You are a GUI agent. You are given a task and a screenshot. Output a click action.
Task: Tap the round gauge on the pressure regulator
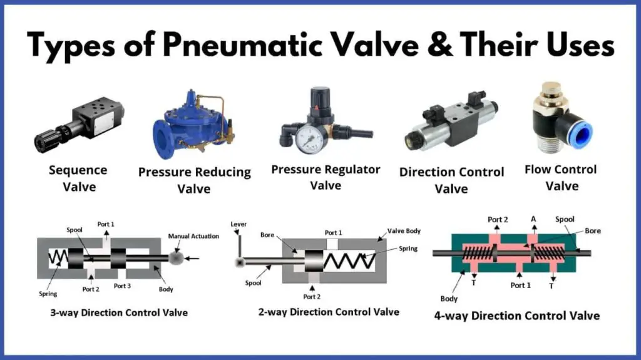[x=309, y=139]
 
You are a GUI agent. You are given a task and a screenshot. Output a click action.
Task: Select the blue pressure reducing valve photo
[x=193, y=124]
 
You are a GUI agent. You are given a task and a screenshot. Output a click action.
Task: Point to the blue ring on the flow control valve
[x=580, y=131]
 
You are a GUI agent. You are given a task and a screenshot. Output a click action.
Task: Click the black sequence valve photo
[x=79, y=125]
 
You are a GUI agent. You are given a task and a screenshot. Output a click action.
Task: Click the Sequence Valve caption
[x=78, y=178]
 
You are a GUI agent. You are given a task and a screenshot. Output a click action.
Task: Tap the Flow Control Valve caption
[x=561, y=178]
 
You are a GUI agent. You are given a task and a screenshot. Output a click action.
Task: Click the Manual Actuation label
[x=193, y=236]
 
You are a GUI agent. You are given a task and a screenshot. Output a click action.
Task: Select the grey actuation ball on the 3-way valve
[x=176, y=258]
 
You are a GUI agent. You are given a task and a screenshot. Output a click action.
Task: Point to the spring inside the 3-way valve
[x=58, y=258]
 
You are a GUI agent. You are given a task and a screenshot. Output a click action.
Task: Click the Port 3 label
[x=122, y=286]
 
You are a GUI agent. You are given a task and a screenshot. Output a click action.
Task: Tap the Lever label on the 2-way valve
[x=238, y=224]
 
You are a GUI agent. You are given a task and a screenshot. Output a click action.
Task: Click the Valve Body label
[x=404, y=231]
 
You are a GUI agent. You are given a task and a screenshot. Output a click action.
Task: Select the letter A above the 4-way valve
[x=533, y=219]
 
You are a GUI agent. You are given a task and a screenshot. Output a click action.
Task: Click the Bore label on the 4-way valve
[x=593, y=231]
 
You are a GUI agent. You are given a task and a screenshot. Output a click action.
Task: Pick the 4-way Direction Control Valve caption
[x=516, y=316]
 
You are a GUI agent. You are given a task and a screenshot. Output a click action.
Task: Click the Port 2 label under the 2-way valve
[x=312, y=297]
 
